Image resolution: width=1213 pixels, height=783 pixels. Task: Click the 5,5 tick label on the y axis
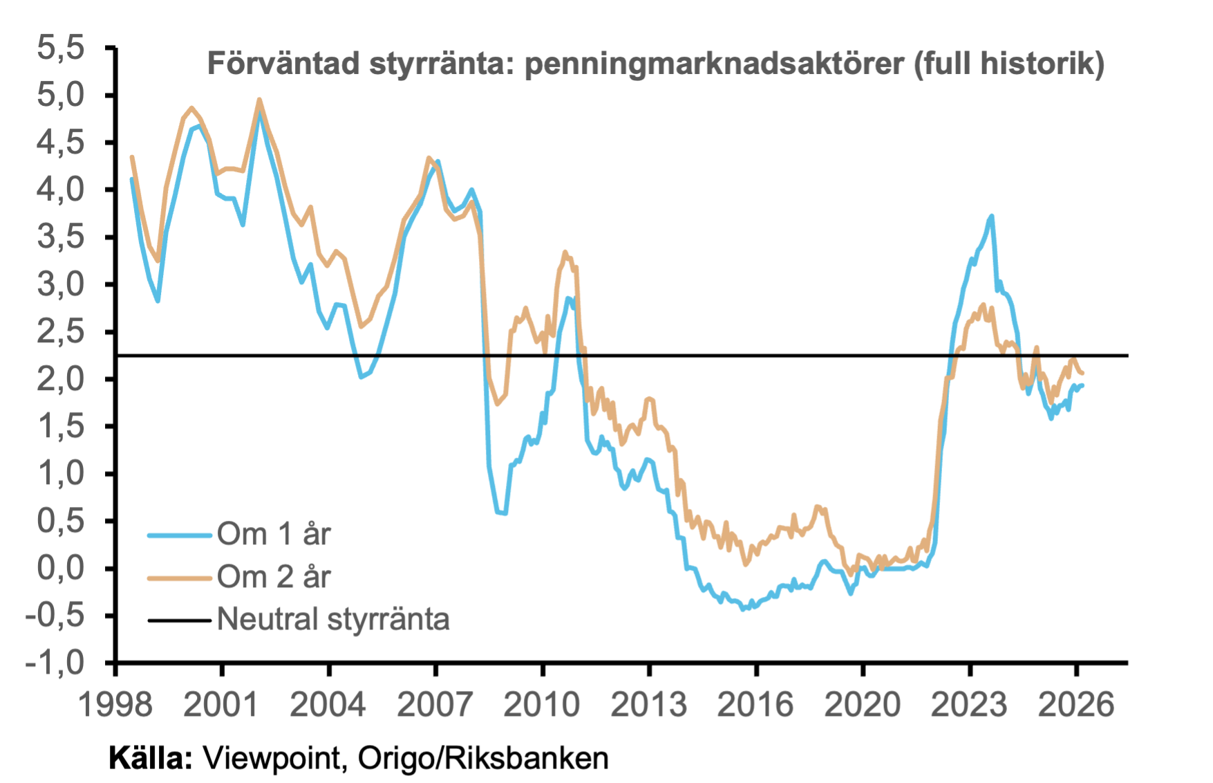pyautogui.click(x=61, y=48)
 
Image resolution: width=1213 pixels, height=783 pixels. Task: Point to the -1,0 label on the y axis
pyautogui.click(x=55, y=663)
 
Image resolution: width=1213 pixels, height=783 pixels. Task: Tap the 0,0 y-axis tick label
pyautogui.click(x=61, y=568)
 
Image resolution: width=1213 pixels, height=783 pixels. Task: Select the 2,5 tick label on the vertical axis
pyautogui.click(x=61, y=332)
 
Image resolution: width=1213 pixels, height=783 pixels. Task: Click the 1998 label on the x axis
pyautogui.click(x=115, y=705)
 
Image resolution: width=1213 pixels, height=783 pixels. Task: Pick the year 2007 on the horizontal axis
pyautogui.click(x=435, y=705)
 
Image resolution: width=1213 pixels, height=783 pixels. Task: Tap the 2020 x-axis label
pyautogui.click(x=863, y=705)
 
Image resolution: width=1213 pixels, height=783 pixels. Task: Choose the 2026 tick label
pyautogui.click(x=1076, y=705)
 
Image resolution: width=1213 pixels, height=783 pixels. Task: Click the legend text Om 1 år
pyautogui.click(x=274, y=534)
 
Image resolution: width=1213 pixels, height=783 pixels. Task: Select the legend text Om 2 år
pyautogui.click(x=274, y=577)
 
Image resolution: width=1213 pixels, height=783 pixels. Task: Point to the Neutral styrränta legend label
pyautogui.click(x=333, y=619)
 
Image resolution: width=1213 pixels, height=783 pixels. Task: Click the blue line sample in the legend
pyautogui.click(x=179, y=535)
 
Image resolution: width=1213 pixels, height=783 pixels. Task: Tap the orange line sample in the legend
pyautogui.click(x=179, y=578)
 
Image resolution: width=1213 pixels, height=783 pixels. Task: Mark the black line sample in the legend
pyautogui.click(x=179, y=620)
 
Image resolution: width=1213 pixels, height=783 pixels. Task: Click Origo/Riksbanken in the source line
pyautogui.click(x=483, y=759)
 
